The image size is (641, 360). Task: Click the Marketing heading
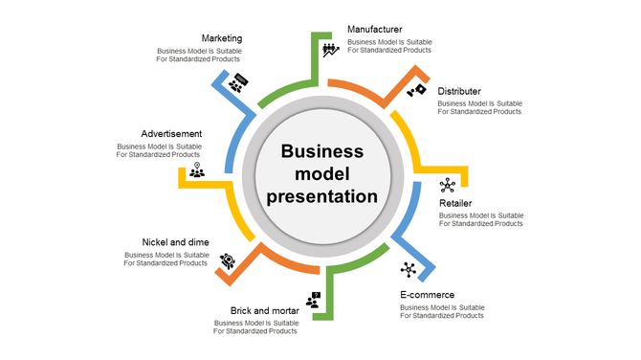[x=222, y=38]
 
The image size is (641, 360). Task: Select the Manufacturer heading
[x=374, y=30]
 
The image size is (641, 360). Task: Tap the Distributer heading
[x=459, y=91]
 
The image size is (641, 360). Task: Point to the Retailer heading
[x=455, y=204]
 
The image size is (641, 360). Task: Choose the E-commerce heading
[x=427, y=295]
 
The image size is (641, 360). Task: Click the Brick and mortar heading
[x=265, y=310]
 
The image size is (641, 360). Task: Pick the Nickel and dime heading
[x=175, y=242]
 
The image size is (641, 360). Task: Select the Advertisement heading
[x=171, y=133]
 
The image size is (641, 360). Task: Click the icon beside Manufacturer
[x=331, y=50]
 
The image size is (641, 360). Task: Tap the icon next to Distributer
[x=416, y=92]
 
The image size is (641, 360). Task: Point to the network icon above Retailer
[x=448, y=185]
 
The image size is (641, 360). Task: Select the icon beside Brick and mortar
[x=313, y=300]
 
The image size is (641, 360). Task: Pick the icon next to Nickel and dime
[x=228, y=259]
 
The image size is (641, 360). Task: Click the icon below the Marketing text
[x=238, y=82]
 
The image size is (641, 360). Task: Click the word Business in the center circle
[x=322, y=151]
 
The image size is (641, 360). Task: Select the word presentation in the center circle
[x=322, y=196]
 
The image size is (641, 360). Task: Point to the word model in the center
[x=322, y=174]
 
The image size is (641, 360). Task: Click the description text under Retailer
[x=481, y=219]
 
